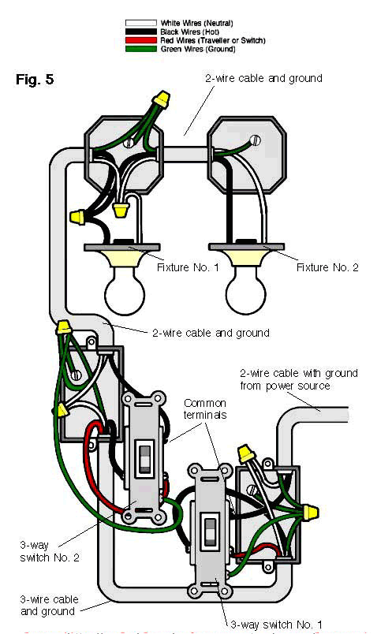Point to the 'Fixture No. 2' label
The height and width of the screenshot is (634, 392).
(x=327, y=268)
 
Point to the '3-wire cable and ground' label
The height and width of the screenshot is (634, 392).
(x=47, y=605)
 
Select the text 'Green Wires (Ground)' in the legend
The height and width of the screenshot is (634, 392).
(x=196, y=47)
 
